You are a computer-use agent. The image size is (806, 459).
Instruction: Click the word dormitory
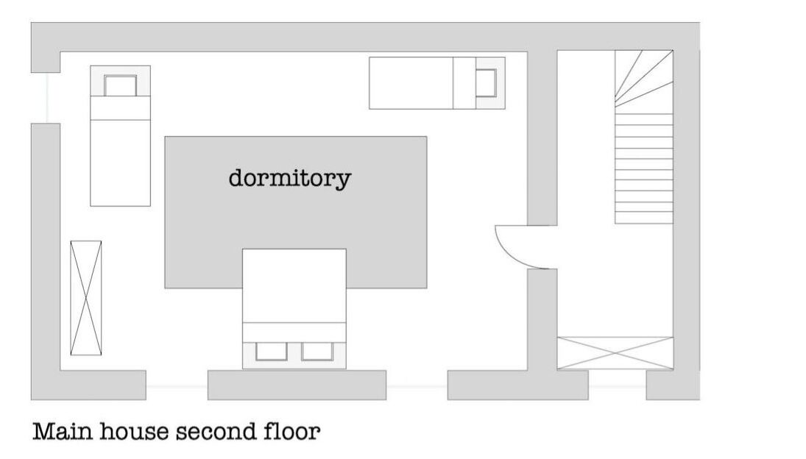click(290, 179)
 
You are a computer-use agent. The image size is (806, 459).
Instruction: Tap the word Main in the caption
click(63, 431)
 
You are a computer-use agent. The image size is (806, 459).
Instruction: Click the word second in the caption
click(216, 431)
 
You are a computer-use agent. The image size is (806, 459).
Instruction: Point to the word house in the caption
click(135, 431)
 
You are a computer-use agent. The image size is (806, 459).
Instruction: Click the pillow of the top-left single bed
click(120, 85)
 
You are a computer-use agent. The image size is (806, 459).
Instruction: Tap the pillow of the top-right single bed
click(486, 82)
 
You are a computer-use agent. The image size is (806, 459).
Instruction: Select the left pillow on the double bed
click(272, 351)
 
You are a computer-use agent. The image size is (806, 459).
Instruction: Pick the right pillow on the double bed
click(317, 351)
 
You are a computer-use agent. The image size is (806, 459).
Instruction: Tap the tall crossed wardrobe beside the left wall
click(86, 298)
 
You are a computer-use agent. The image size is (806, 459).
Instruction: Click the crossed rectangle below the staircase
click(615, 353)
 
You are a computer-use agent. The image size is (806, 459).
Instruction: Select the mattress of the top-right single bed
click(411, 83)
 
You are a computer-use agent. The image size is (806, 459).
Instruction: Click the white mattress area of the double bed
click(294, 285)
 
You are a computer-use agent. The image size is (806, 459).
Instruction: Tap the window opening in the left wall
click(46, 98)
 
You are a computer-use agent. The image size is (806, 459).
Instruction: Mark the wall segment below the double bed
click(297, 385)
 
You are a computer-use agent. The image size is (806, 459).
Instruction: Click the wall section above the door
click(542, 138)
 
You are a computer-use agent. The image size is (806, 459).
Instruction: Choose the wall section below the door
click(542, 319)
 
